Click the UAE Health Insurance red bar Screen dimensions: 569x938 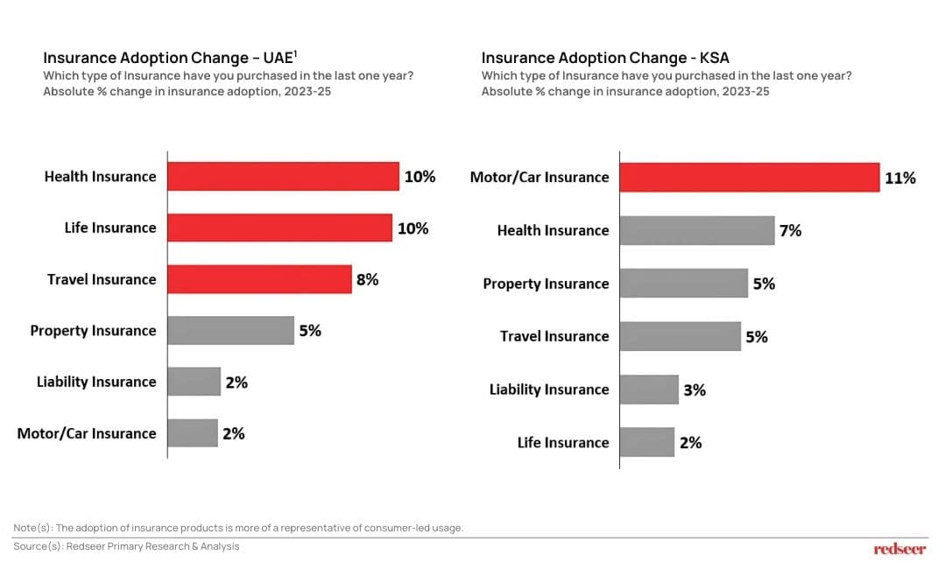[283, 176]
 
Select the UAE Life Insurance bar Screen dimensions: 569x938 [279, 228]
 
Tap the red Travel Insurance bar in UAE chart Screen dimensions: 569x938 [259, 279]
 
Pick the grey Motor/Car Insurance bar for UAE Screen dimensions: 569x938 [193, 433]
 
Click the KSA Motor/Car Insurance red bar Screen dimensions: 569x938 [749, 177]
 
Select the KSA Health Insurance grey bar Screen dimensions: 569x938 [697, 230]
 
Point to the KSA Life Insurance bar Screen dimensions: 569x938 [647, 442]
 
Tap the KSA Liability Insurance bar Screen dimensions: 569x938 [649, 390]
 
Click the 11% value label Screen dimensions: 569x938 [900, 178]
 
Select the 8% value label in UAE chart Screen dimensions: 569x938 [367, 280]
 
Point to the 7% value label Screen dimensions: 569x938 [790, 231]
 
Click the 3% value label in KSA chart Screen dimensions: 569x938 [694, 390]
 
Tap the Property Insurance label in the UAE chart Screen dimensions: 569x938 [93, 331]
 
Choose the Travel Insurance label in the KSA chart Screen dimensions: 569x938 [554, 336]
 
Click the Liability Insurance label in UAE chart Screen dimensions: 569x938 [96, 382]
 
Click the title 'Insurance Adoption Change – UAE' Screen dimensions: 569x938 [170, 58]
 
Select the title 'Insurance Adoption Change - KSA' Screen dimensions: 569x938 [605, 58]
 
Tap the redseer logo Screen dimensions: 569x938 [899, 549]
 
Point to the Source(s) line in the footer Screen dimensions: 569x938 [126, 546]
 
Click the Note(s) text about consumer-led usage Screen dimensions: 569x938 [238, 528]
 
